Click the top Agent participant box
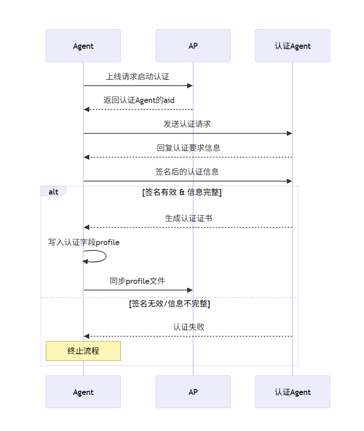[x=83, y=46]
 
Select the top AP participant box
[x=193, y=46]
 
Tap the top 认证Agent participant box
[x=292, y=46]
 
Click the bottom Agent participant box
[x=83, y=392]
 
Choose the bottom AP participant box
[x=193, y=392]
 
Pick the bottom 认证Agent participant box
[x=292, y=392]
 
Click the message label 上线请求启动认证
[x=138, y=77]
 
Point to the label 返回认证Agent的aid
[x=138, y=100]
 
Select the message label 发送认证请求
[x=187, y=124]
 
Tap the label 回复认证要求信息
[x=189, y=148]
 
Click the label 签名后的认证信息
[x=187, y=172]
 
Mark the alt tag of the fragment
[x=53, y=191]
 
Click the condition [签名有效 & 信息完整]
[x=182, y=192]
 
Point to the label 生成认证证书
[x=189, y=218]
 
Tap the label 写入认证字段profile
[x=84, y=242]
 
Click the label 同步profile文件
[x=138, y=281]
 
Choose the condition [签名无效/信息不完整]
[x=170, y=304]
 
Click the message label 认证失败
[x=189, y=327]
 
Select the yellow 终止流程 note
[x=83, y=351]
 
